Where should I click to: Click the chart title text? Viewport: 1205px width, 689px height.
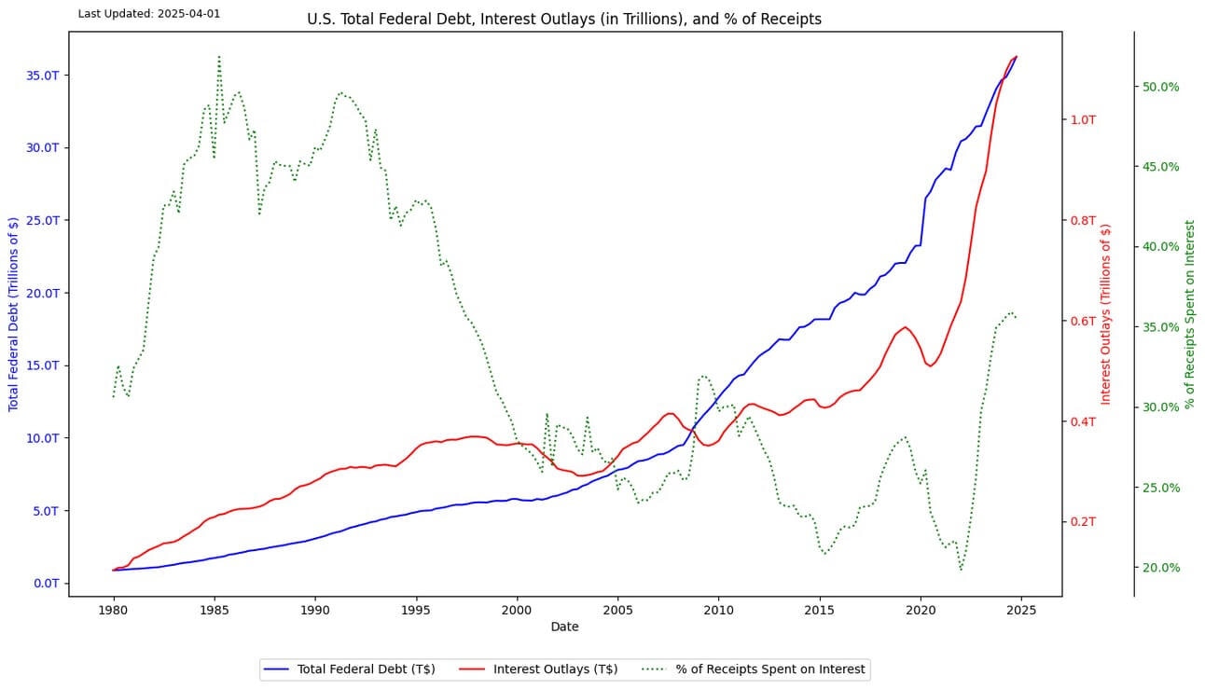(x=564, y=19)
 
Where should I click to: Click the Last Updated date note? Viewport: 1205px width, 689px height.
(x=149, y=14)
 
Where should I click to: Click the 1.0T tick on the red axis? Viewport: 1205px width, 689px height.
(x=1084, y=119)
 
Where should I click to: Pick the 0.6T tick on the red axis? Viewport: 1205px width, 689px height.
(x=1084, y=321)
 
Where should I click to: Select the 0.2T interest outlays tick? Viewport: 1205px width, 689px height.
(x=1084, y=522)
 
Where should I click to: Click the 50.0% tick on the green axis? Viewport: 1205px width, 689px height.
(x=1160, y=87)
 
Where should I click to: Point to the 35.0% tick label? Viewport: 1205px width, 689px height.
(x=1160, y=327)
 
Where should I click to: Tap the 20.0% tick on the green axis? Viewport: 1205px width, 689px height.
(x=1160, y=568)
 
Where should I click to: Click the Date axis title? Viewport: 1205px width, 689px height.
(x=564, y=627)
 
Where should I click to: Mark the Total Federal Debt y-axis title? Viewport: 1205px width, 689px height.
(x=13, y=313)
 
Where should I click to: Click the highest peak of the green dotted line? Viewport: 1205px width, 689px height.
(x=219, y=56)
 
